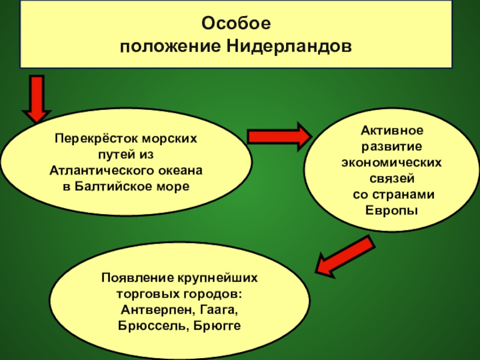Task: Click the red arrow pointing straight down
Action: pyautogui.click(x=37, y=98)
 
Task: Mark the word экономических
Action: pyautogui.click(x=392, y=163)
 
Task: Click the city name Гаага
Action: pyautogui.click(x=215, y=310)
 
